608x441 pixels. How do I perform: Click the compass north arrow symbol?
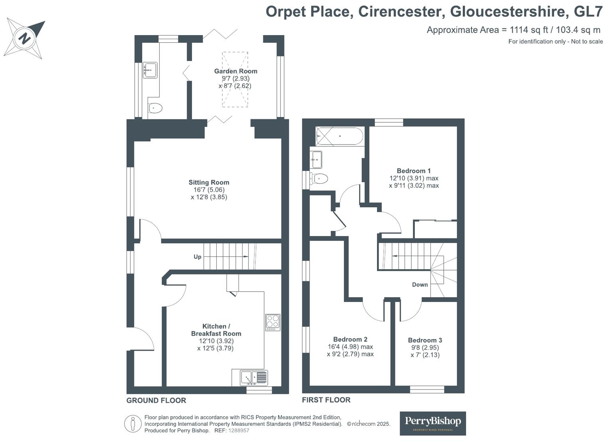tap(24, 38)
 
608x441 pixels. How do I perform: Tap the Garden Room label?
tap(236, 71)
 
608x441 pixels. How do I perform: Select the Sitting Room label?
tap(209, 182)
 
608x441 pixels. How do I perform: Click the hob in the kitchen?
tap(273, 322)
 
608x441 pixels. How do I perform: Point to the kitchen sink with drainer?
tap(254, 378)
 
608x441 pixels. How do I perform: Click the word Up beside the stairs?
tap(197, 257)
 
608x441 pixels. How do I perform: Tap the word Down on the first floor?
tap(420, 284)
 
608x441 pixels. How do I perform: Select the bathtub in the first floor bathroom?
tap(339, 136)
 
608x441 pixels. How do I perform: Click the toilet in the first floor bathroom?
tap(319, 179)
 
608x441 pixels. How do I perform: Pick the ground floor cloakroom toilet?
tap(155, 108)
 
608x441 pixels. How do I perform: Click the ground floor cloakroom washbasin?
tap(150, 70)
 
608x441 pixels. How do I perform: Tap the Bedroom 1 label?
tap(414, 171)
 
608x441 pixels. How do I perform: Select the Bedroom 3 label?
tap(425, 340)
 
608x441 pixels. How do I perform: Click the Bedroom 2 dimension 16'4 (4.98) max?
tap(350, 347)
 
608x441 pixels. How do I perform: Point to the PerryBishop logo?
tap(433, 423)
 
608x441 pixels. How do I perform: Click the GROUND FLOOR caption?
tap(156, 401)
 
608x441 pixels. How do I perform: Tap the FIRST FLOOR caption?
tap(326, 400)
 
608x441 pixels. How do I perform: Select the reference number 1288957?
tap(239, 430)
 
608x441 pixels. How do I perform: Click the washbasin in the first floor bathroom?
tap(316, 159)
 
